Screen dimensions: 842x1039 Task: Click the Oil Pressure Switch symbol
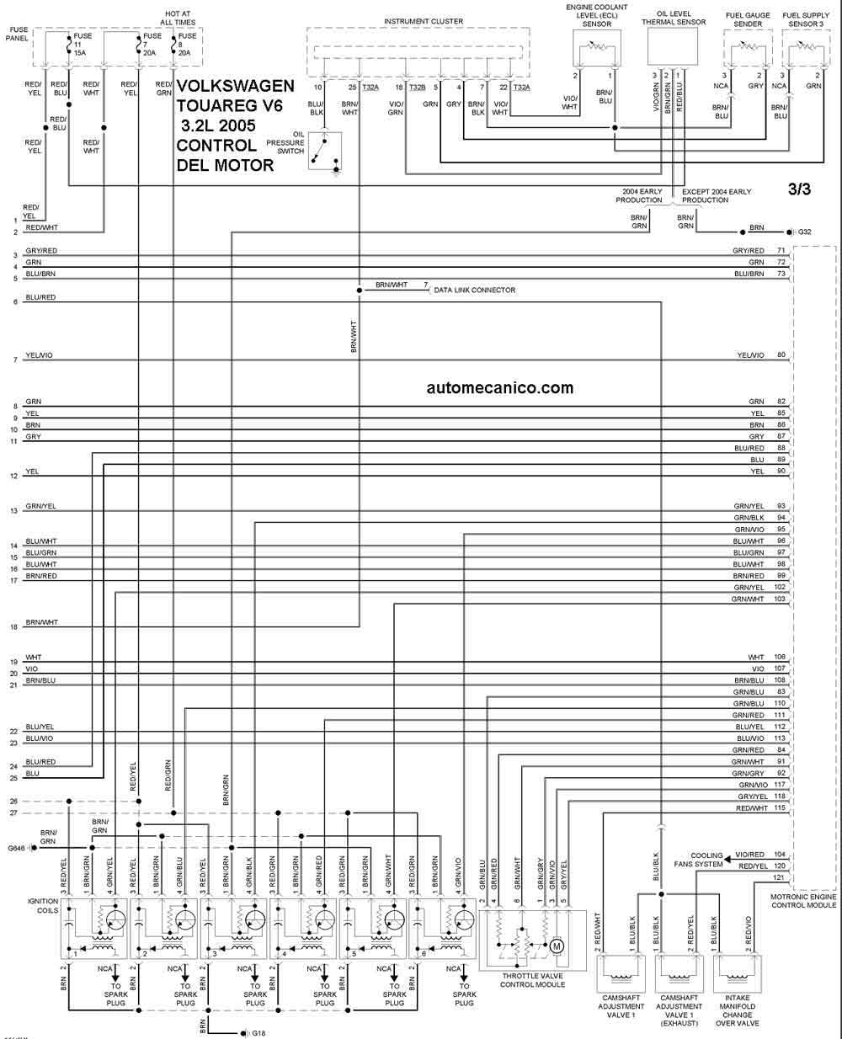(325, 152)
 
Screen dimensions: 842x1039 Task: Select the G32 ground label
(804, 232)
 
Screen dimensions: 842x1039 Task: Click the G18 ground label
(258, 1033)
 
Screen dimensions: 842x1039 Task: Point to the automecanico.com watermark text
(499, 388)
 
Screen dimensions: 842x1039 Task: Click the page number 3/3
(799, 189)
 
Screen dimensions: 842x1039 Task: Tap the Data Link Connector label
(474, 290)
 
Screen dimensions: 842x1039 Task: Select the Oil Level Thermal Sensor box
(672, 46)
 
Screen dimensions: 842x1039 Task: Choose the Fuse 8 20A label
(187, 44)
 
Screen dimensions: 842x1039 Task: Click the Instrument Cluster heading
(424, 21)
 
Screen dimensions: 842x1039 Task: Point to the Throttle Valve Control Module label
(532, 980)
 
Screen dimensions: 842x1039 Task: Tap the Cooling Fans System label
(699, 860)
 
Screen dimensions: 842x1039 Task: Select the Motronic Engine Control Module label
(803, 901)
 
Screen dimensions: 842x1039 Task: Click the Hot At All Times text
(178, 18)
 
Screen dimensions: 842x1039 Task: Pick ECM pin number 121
(779, 877)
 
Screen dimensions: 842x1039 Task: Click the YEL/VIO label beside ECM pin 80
(750, 355)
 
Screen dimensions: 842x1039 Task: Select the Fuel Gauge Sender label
(748, 19)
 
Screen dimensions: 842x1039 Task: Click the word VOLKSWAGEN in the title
(235, 86)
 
